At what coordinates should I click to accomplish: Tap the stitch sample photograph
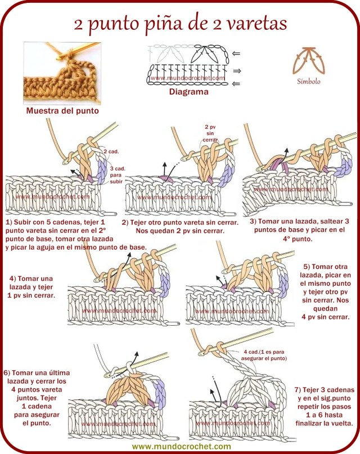point(62,73)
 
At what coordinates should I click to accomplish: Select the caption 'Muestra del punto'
point(62,111)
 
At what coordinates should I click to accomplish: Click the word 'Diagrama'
point(188,92)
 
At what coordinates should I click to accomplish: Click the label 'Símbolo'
point(309,81)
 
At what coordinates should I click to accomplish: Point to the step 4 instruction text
point(32,287)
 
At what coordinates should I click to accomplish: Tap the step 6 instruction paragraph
point(31,397)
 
